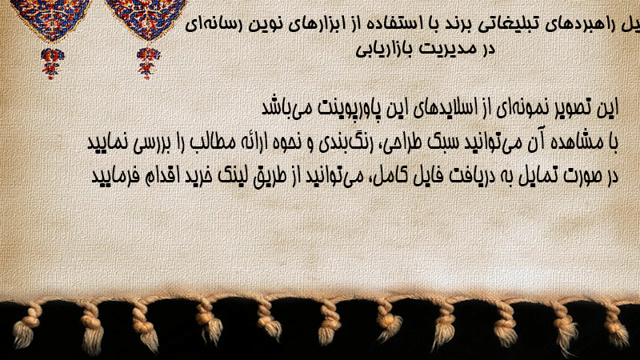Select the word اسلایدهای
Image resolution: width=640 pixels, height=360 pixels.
pos(444,108)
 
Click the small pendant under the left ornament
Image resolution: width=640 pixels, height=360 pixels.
pos(52,64)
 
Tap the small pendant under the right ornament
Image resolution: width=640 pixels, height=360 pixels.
pos(148,63)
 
